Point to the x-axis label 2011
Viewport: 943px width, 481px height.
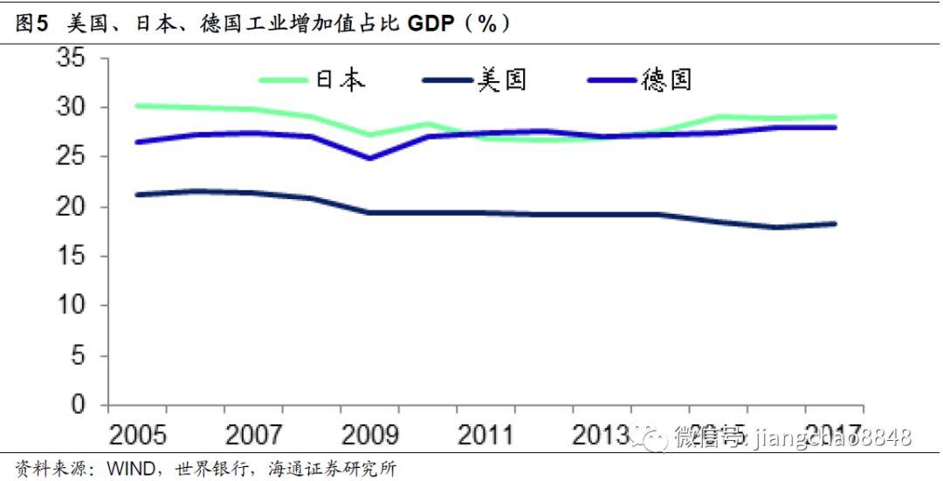pos(486,434)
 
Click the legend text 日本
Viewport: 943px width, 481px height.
pos(340,80)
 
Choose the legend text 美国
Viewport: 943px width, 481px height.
pos(502,80)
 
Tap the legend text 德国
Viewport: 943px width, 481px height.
pos(665,80)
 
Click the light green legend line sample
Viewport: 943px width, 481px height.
pos(285,80)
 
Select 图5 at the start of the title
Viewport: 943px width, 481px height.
pos(31,24)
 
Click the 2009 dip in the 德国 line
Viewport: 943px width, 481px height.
pos(370,158)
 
